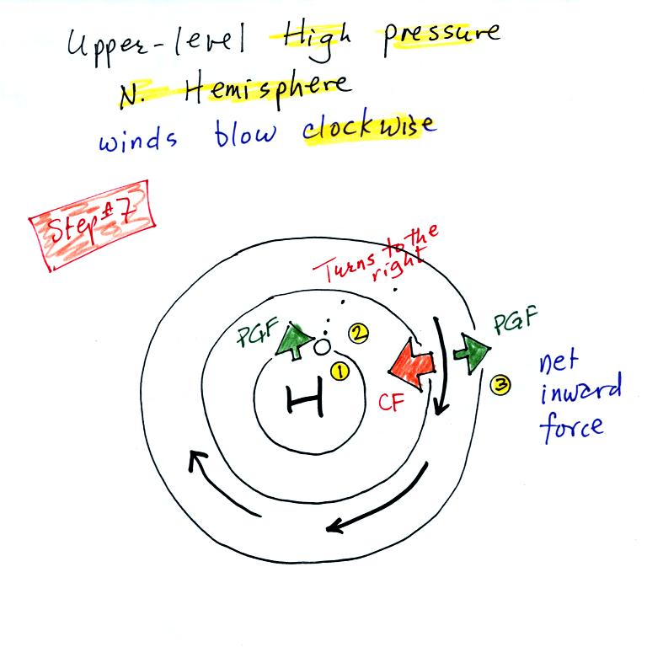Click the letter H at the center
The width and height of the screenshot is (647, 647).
(x=306, y=400)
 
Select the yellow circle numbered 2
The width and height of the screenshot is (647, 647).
(x=358, y=333)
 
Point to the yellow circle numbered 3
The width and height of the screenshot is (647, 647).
(x=500, y=387)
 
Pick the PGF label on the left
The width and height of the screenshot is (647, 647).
(x=254, y=341)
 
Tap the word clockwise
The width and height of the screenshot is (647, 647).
(x=369, y=128)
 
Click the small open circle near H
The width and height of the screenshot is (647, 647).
(x=322, y=346)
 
